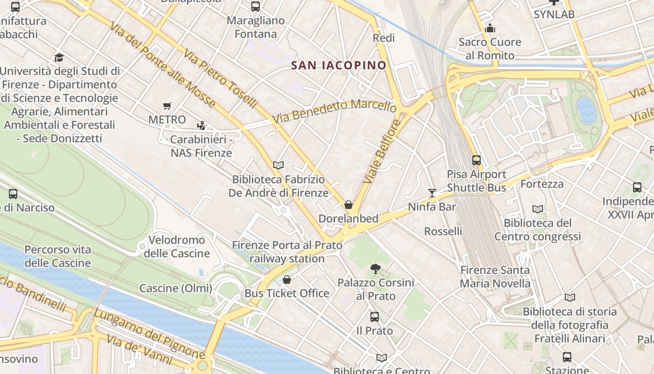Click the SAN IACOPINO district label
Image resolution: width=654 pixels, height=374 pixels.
tap(339, 65)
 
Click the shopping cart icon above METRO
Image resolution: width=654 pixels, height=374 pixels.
tap(167, 106)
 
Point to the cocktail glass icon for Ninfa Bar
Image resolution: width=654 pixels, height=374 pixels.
tap(432, 193)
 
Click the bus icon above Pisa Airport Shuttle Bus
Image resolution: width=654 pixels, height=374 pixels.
tap(476, 160)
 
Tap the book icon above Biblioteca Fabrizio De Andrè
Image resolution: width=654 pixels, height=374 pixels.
tap(278, 165)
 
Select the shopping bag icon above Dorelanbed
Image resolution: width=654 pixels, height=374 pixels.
tap(348, 205)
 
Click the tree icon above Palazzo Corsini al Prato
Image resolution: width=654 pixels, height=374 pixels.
tap(375, 268)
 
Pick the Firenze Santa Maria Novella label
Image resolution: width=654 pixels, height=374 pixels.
tap(495, 277)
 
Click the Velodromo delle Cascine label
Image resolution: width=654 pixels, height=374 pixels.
tap(177, 247)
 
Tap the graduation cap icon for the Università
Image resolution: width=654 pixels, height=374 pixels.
tap(59, 58)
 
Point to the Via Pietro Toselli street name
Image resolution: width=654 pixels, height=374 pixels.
tap(220, 78)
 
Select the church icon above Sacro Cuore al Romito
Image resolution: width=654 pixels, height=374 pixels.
tap(490, 29)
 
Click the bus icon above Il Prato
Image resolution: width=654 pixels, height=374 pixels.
tap(375, 317)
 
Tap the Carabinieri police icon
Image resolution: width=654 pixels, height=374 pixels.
tap(201, 125)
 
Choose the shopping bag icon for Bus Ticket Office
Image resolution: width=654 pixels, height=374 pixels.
tap(287, 280)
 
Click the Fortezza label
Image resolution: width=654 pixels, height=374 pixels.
tap(542, 184)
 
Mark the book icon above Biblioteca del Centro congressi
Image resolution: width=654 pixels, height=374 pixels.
tap(538, 209)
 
